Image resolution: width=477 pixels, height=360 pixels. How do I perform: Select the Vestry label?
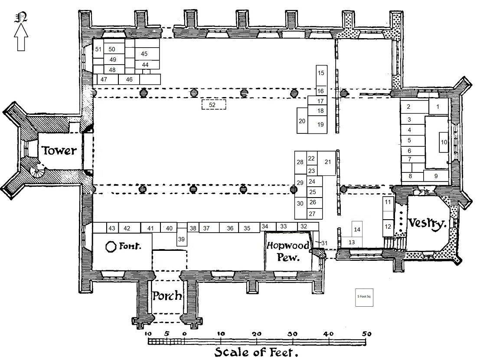427,224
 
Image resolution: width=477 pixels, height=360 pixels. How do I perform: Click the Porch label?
167,297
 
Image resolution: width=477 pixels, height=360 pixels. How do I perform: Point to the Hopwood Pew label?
288,252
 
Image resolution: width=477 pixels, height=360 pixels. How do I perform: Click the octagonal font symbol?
111,246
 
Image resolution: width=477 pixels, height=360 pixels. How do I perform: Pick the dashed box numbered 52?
213,104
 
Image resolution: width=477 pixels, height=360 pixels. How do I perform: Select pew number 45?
145,54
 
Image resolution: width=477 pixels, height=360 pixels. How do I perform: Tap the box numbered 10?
444,142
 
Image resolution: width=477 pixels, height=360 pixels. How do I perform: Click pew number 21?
327,162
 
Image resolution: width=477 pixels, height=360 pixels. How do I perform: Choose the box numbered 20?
302,120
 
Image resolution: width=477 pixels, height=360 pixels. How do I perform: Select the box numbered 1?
438,107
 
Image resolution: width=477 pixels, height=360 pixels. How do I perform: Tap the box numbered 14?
357,229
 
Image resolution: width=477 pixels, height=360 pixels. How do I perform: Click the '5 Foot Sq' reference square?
364,298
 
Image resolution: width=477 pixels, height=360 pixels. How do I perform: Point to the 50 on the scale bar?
367,334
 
